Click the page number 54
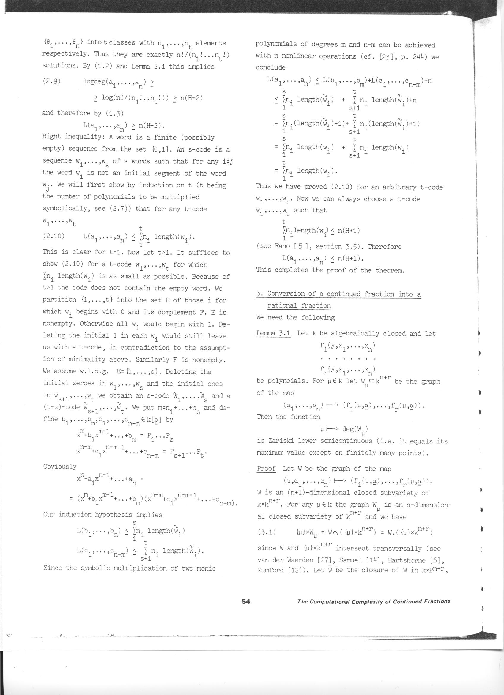(246, 601)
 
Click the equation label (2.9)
(51, 81)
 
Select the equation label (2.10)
(53, 236)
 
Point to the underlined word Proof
(266, 469)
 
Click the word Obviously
(60, 467)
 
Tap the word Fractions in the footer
(437, 601)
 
